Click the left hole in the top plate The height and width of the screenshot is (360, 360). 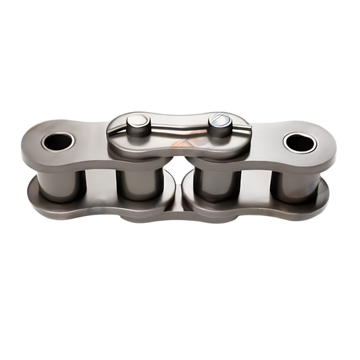pos(57,141)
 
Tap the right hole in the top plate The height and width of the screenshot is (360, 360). pos(300,142)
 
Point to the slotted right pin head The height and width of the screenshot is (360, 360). pos(220,124)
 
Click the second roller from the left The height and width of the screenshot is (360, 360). pos(138,182)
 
